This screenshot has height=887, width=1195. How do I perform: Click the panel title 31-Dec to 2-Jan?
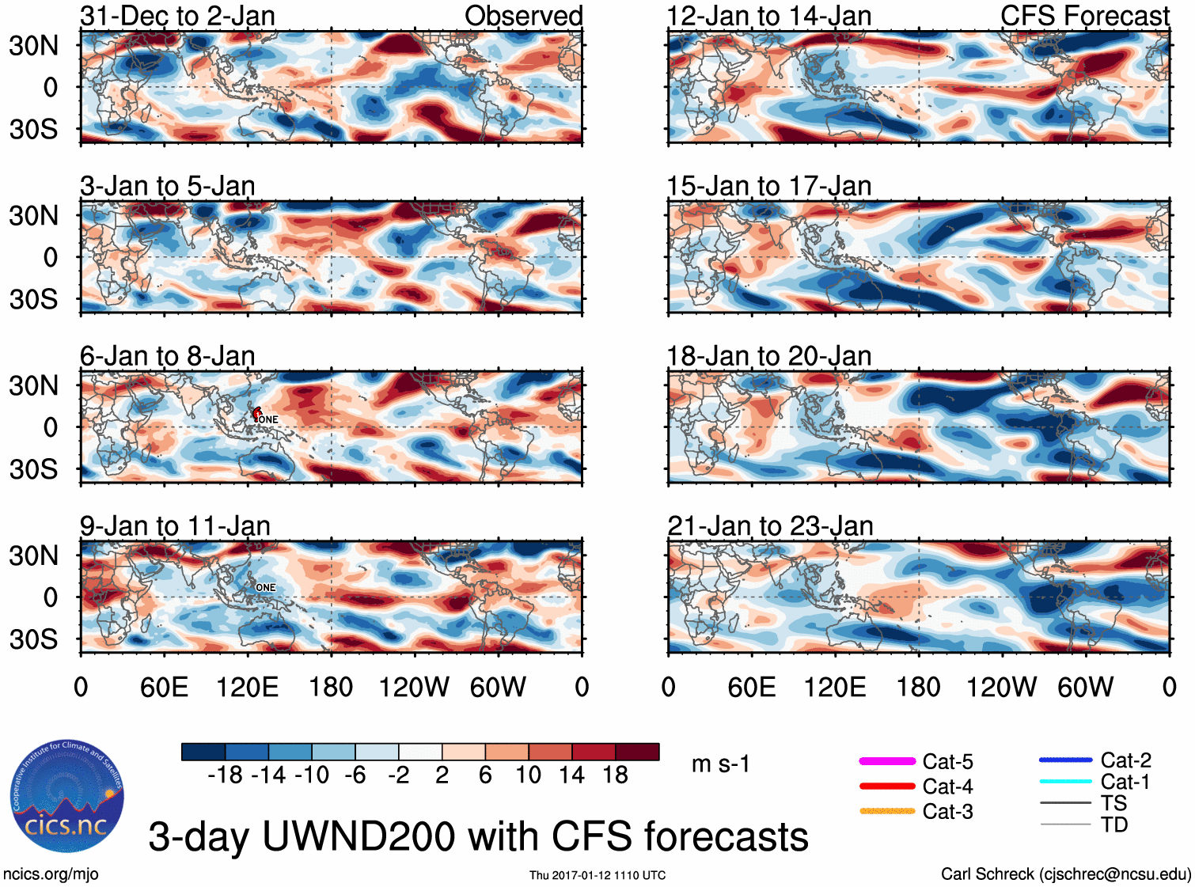pyautogui.click(x=177, y=16)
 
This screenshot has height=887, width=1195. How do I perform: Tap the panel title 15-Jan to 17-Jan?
pyautogui.click(x=768, y=186)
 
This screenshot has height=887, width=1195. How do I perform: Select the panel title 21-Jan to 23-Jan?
pyautogui.click(x=770, y=526)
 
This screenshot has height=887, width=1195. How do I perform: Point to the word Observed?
pyautogui.click(x=523, y=16)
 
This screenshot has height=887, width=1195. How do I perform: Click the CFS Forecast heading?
pyautogui.click(x=1084, y=16)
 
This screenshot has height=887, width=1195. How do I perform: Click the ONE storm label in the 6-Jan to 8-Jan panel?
pyautogui.click(x=268, y=419)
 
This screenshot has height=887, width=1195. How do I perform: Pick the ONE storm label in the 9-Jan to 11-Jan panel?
pyautogui.click(x=266, y=587)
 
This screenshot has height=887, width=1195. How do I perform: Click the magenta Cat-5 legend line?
pyautogui.click(x=887, y=761)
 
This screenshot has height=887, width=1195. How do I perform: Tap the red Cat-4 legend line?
pyautogui.click(x=887, y=787)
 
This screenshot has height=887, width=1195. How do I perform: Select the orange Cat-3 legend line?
pyautogui.click(x=887, y=811)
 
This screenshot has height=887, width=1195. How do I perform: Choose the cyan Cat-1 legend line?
pyautogui.click(x=1065, y=782)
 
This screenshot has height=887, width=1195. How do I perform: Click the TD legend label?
pyautogui.click(x=1114, y=824)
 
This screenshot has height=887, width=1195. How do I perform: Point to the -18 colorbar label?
pyautogui.click(x=225, y=775)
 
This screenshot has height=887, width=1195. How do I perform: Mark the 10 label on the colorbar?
pyautogui.click(x=528, y=775)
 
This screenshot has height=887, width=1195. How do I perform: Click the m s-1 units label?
pyautogui.click(x=720, y=764)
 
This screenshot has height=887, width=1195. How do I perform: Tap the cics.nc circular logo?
pyautogui.click(x=66, y=796)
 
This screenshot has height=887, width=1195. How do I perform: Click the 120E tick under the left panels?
pyautogui.click(x=248, y=687)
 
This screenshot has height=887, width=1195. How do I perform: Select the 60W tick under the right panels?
pyautogui.click(x=1085, y=687)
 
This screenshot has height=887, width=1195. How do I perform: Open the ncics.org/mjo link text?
pyautogui.click(x=51, y=874)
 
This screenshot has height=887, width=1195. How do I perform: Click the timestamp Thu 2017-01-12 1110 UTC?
pyautogui.click(x=597, y=875)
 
